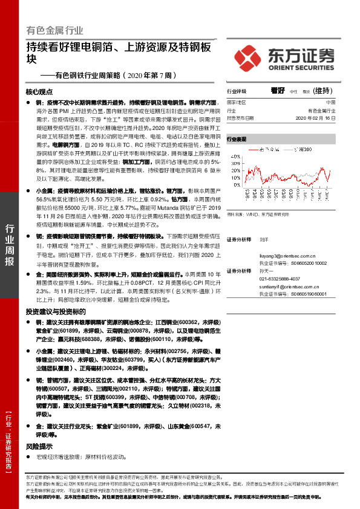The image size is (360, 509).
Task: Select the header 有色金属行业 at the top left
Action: point(55,31)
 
